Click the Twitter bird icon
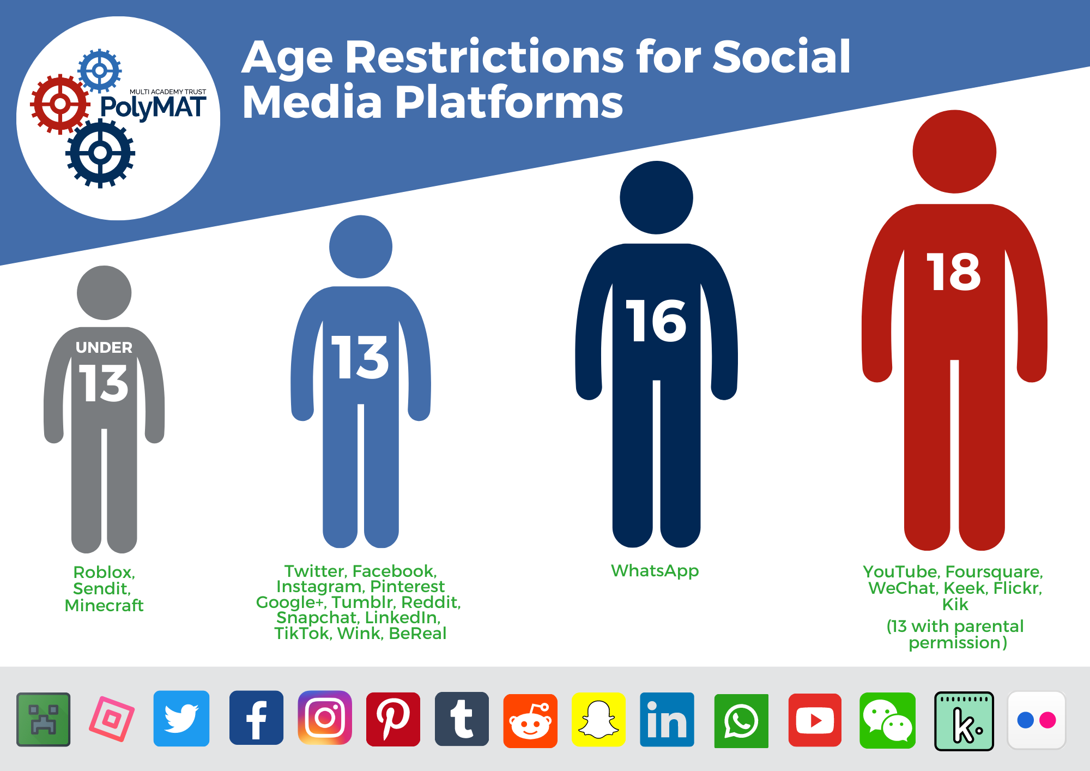pyautogui.click(x=181, y=718)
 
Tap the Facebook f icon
pyautogui.click(x=256, y=718)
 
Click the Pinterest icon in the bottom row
pyautogui.click(x=393, y=719)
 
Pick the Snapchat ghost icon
pyautogui.click(x=598, y=719)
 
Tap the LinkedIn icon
pyautogui.click(x=667, y=719)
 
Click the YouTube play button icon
pyautogui.click(x=815, y=720)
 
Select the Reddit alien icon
pyautogui.click(x=530, y=721)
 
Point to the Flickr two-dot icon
pyautogui.click(x=1037, y=720)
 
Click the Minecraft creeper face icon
pyautogui.click(x=44, y=719)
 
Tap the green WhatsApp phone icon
pyautogui.click(x=741, y=721)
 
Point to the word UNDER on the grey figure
pyautogui.click(x=104, y=347)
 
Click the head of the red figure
pyautogui.click(x=954, y=152)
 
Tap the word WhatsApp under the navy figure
pyautogui.click(x=655, y=570)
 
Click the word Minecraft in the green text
pyautogui.click(x=104, y=605)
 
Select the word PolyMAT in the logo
pyautogui.click(x=153, y=107)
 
